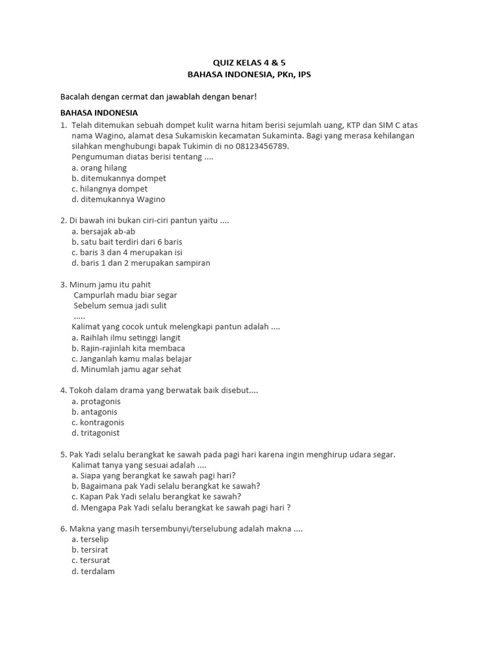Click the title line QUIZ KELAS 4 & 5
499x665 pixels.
pyautogui.click(x=249, y=63)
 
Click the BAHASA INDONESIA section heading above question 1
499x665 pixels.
pyautogui.click(x=99, y=113)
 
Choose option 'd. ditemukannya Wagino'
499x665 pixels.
pyautogui.click(x=118, y=199)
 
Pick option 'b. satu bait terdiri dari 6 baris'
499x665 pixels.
pyautogui.click(x=127, y=242)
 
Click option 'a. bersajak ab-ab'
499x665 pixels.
pyautogui.click(x=103, y=231)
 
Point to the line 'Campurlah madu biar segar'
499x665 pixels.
pyautogui.click(x=125, y=295)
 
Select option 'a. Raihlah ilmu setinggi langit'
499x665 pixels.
pyautogui.click(x=126, y=338)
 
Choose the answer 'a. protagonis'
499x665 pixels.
pyautogui.click(x=96, y=401)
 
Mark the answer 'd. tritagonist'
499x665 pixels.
pyautogui.click(x=96, y=433)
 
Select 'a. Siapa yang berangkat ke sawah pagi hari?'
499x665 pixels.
pyautogui.click(x=153, y=475)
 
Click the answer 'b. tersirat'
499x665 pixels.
pyautogui.click(x=90, y=549)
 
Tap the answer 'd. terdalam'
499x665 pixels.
pyautogui.click(x=93, y=571)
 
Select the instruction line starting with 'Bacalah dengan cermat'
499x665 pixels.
pyautogui.click(x=159, y=97)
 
